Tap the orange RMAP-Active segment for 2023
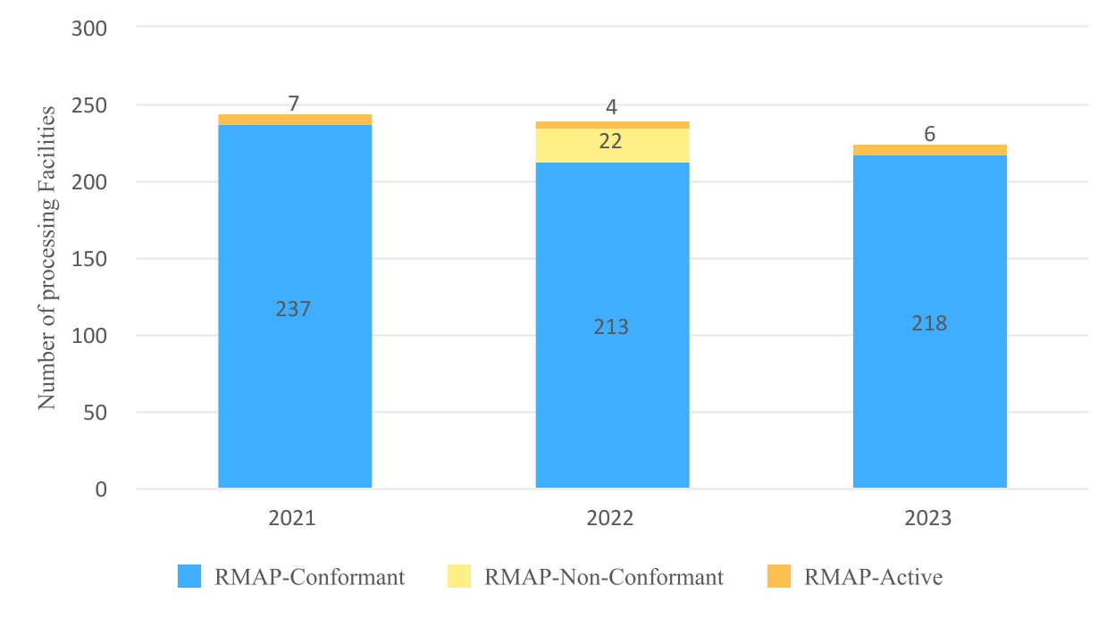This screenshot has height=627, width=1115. click(x=929, y=150)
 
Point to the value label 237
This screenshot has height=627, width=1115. click(x=295, y=309)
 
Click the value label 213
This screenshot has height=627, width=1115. click(x=611, y=327)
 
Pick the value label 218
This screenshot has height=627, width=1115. click(x=929, y=323)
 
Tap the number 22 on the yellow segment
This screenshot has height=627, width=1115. click(x=611, y=141)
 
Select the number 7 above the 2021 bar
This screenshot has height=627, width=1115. click(x=294, y=104)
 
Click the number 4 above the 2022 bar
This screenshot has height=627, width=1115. click(x=611, y=108)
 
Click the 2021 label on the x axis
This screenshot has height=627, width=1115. click(x=294, y=518)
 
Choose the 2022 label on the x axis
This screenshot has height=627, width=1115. click(x=611, y=518)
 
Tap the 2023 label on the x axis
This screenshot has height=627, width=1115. click(x=929, y=518)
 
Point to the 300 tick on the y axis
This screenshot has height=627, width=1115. click(x=88, y=29)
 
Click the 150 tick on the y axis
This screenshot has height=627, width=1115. click(x=88, y=259)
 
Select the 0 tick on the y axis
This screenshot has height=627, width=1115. click(x=100, y=489)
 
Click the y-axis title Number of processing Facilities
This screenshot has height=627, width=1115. click(x=47, y=258)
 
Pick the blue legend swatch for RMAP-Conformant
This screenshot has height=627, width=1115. click(x=190, y=577)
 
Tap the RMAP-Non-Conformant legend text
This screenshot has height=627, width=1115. click(x=604, y=577)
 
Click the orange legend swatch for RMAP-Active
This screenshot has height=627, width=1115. click(x=779, y=577)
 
